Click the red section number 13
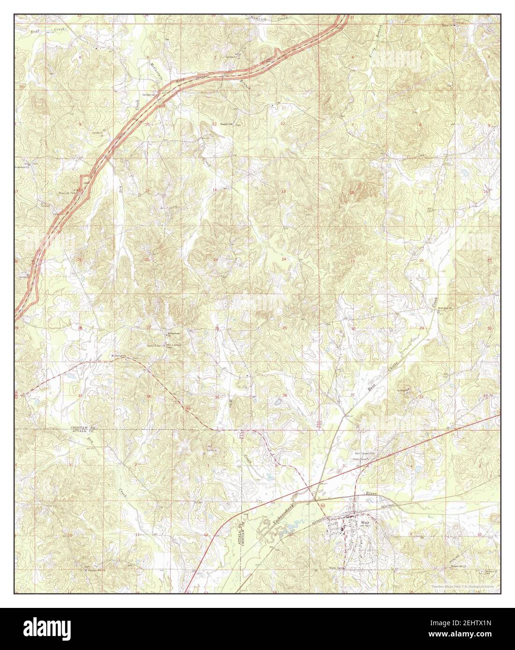pos(283,192)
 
